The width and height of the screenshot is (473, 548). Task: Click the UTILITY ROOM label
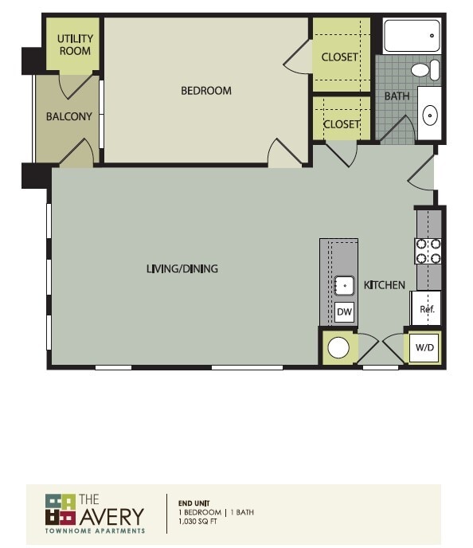(x=75, y=45)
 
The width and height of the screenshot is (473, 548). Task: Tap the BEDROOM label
(x=206, y=91)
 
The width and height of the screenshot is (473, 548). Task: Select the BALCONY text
(x=68, y=116)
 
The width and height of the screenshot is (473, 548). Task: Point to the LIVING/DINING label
(x=182, y=269)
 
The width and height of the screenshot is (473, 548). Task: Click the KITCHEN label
(x=385, y=285)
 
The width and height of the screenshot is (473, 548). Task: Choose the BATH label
(x=397, y=96)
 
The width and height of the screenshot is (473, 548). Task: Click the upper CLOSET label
(x=341, y=57)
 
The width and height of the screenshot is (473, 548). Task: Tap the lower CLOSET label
(x=341, y=125)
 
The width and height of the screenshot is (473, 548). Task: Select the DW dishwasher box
(x=344, y=312)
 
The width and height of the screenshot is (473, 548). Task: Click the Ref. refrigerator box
(x=426, y=309)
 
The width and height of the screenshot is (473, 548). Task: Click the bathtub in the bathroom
(x=412, y=36)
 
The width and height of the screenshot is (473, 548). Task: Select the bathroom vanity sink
(x=429, y=115)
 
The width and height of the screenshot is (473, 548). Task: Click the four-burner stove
(x=428, y=251)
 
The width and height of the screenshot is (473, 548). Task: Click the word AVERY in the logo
(x=111, y=515)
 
